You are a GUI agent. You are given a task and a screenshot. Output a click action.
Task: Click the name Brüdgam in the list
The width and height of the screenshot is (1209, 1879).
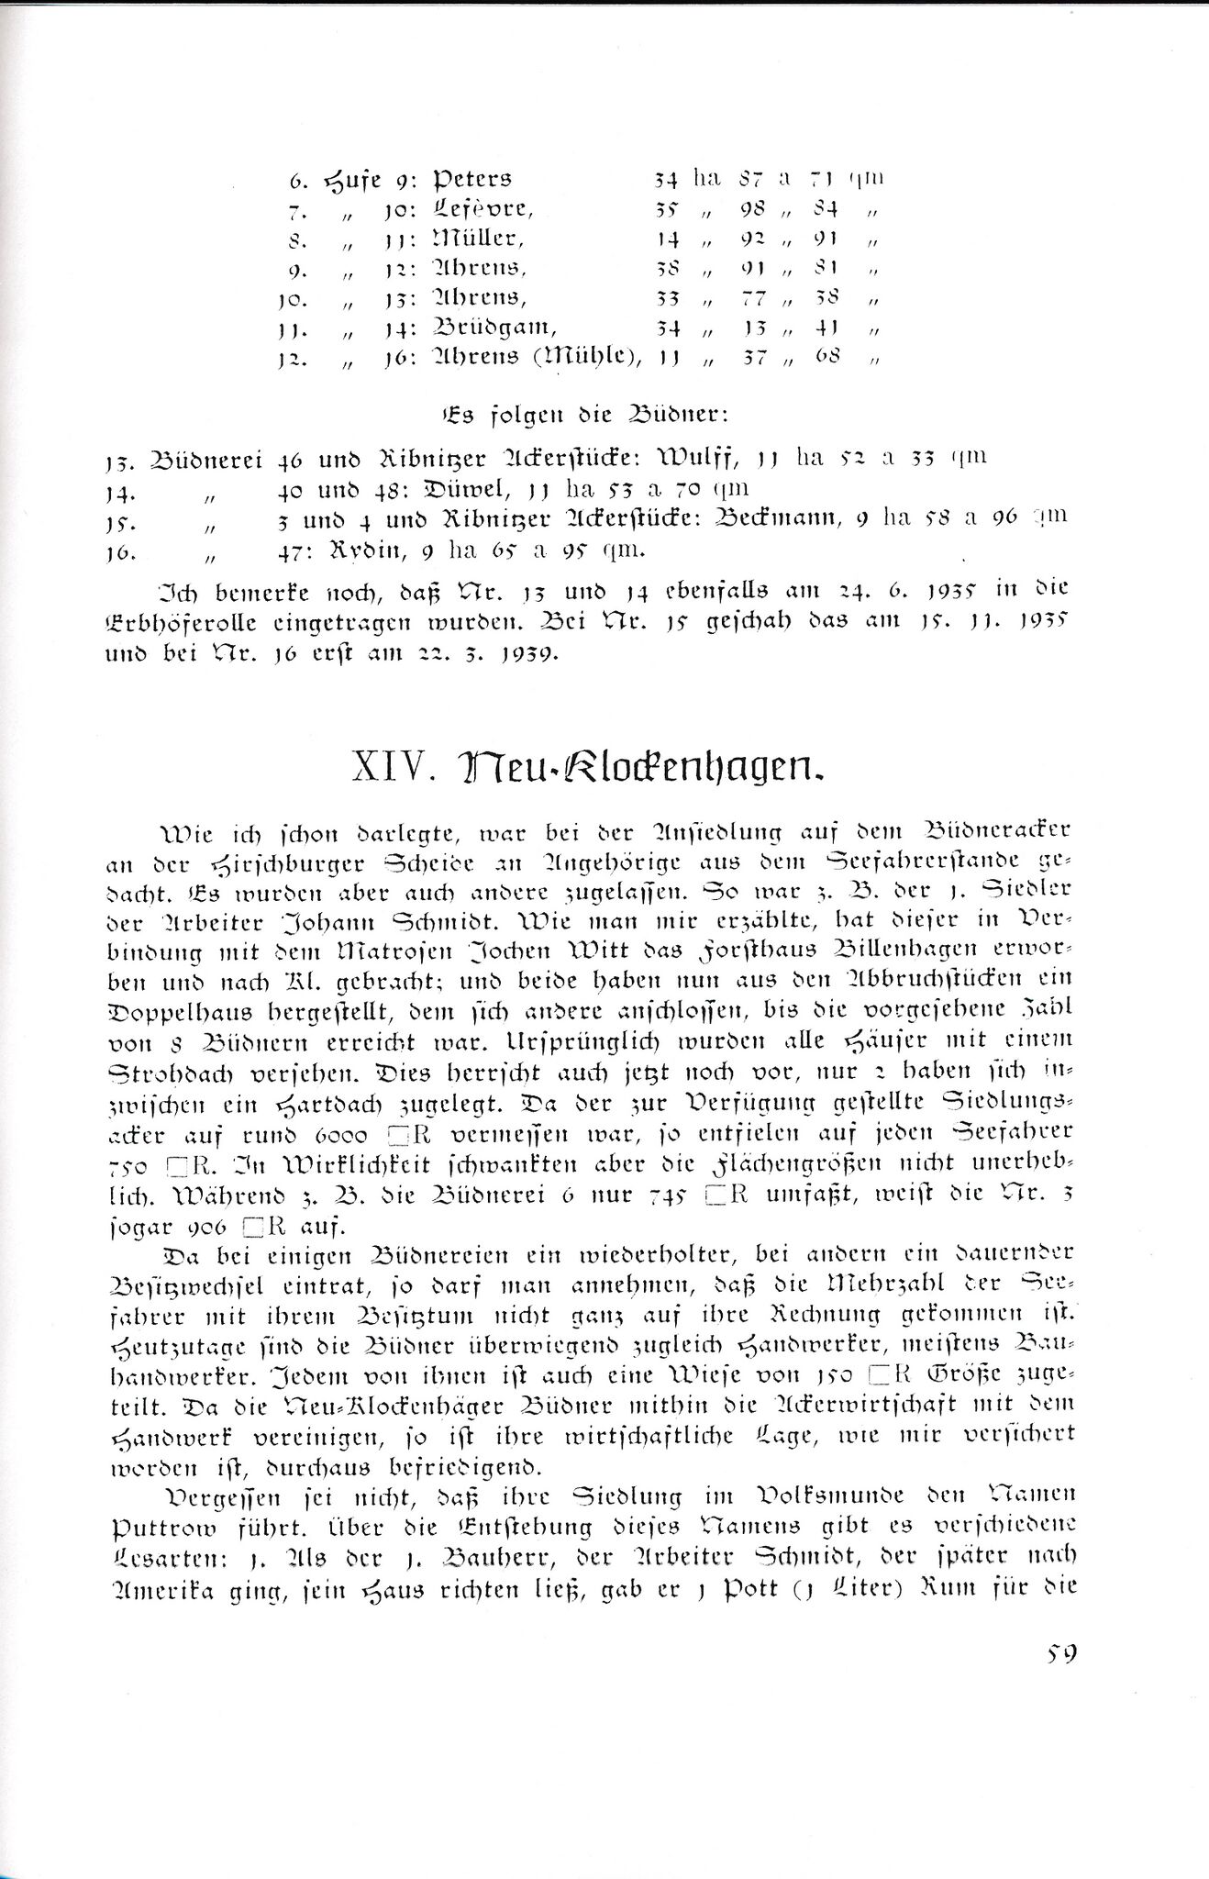click(x=491, y=328)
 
